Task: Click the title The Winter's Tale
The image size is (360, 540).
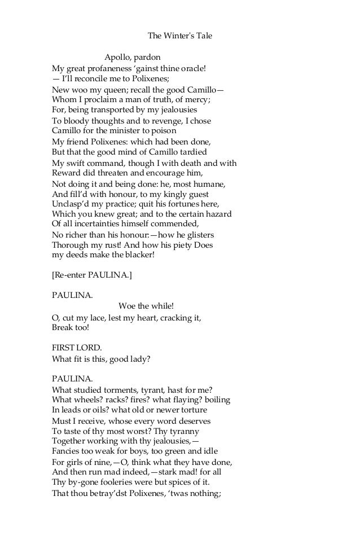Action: tap(179, 36)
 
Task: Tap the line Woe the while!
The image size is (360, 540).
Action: tap(146, 306)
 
